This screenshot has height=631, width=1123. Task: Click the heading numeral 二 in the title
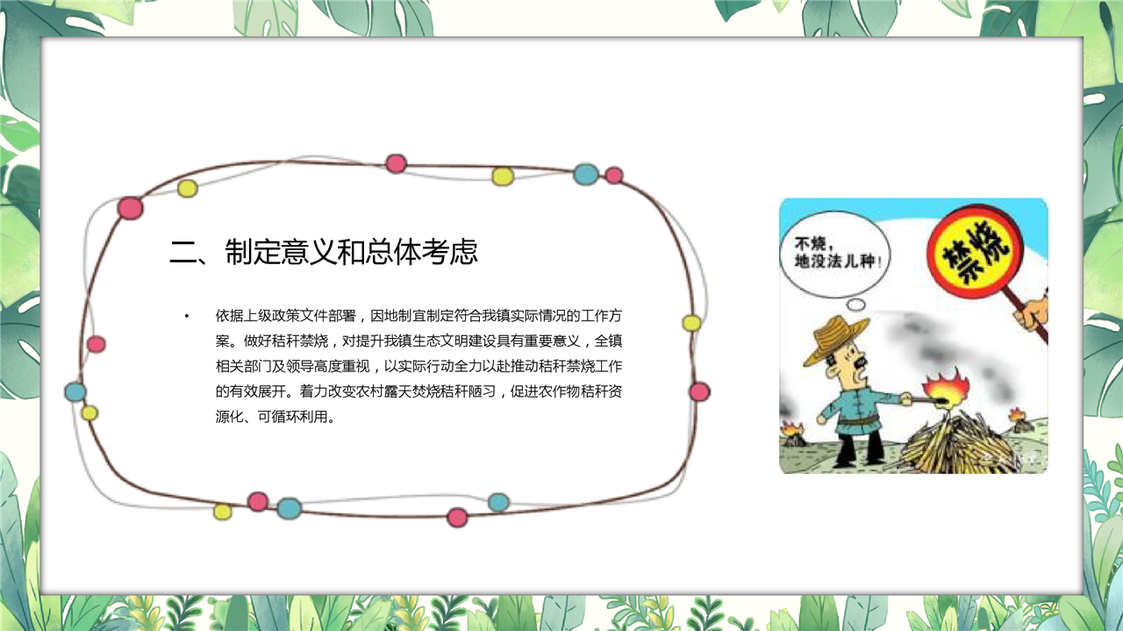pos(183,252)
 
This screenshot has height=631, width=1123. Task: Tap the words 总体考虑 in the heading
pos(422,252)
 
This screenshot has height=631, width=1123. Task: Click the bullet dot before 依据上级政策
pos(187,316)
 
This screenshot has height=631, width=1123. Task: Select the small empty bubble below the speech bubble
pos(855,305)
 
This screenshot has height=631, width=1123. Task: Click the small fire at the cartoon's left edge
pos(792,434)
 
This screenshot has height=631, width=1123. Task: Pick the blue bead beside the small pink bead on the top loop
pos(585,174)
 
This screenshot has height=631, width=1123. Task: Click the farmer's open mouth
pos(861,372)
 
